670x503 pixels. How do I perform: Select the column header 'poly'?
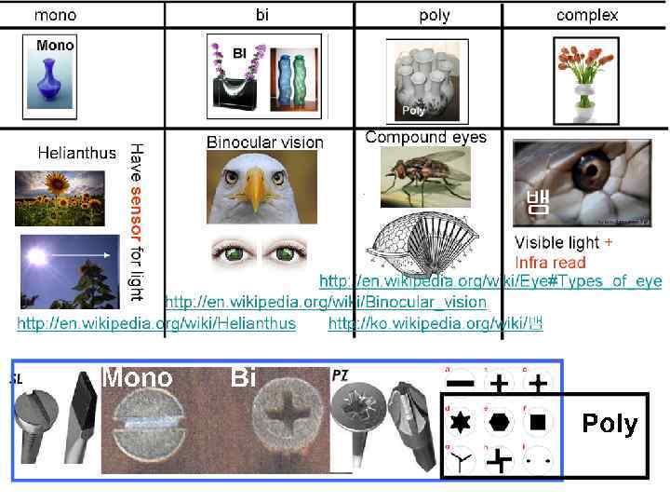click(x=435, y=15)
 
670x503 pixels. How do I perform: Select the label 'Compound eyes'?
click(x=425, y=137)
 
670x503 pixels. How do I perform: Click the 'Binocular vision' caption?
click(x=264, y=143)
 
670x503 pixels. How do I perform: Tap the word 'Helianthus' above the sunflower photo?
click(x=77, y=152)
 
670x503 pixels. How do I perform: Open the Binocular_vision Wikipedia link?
click(x=326, y=302)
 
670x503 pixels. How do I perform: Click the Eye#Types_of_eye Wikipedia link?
click(x=490, y=281)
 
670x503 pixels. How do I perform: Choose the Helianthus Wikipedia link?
click(x=156, y=323)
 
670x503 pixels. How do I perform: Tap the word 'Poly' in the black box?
click(x=610, y=424)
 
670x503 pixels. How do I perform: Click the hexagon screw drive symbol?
click(x=500, y=422)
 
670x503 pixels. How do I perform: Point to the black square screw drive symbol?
click(x=537, y=422)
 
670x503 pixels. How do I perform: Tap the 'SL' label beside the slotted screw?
click(x=16, y=379)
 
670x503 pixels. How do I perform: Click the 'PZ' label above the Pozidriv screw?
click(x=341, y=374)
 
